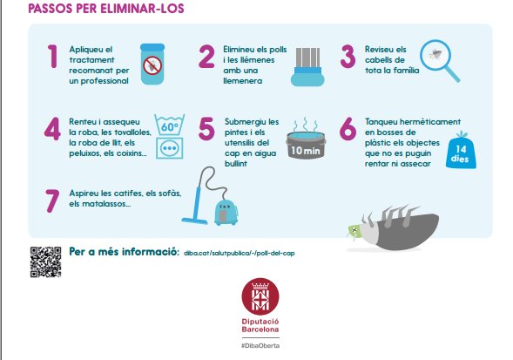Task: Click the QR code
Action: click(x=46, y=262)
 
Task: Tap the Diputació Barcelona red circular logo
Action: click(x=260, y=296)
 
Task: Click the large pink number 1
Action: click(x=52, y=57)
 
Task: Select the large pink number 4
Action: click(x=52, y=128)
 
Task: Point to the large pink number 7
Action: click(x=52, y=200)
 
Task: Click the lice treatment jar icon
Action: click(x=152, y=64)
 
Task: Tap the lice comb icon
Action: click(x=307, y=67)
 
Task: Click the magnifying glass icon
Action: click(x=439, y=60)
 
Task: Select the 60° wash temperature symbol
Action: click(x=169, y=125)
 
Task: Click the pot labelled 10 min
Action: click(x=306, y=146)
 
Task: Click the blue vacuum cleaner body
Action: click(x=226, y=213)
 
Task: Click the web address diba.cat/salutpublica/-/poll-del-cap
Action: click(x=240, y=253)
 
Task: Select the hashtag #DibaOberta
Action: click(x=260, y=345)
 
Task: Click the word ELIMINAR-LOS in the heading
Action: click(x=142, y=9)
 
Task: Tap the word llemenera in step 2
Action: click(x=242, y=81)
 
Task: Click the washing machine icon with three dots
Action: click(x=170, y=148)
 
